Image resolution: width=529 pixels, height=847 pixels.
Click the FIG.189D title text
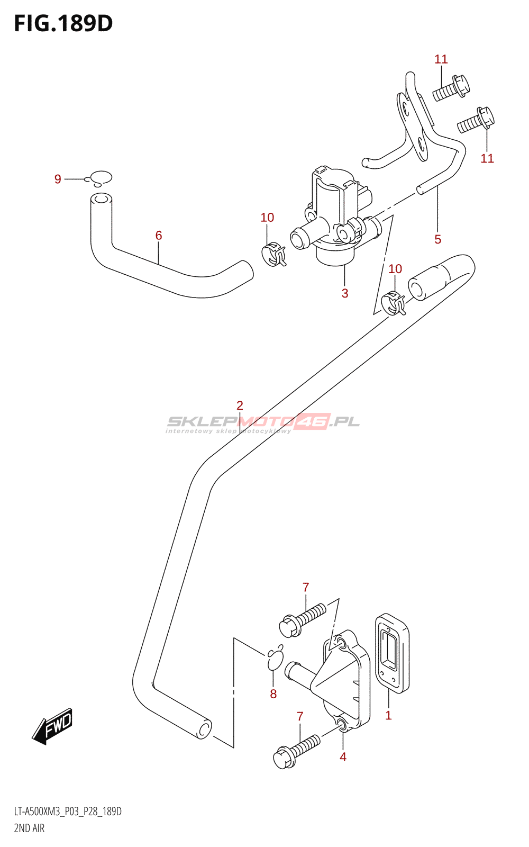tap(63, 23)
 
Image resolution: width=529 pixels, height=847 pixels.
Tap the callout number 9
tap(58, 179)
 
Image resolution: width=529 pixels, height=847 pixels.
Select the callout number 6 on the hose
tap(159, 236)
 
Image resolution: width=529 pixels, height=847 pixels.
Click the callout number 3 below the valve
tap(345, 293)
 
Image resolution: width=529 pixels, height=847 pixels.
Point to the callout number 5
tap(438, 239)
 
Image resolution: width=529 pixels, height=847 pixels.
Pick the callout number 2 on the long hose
tap(240, 406)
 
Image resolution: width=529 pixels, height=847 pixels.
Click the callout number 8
tap(273, 694)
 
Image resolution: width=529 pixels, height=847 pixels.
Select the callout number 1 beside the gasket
tap(388, 716)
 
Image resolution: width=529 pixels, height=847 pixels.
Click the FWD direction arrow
tap(52, 726)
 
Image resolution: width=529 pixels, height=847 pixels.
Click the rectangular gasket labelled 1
tap(393, 653)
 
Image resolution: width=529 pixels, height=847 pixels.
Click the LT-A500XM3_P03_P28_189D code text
tap(68, 812)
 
